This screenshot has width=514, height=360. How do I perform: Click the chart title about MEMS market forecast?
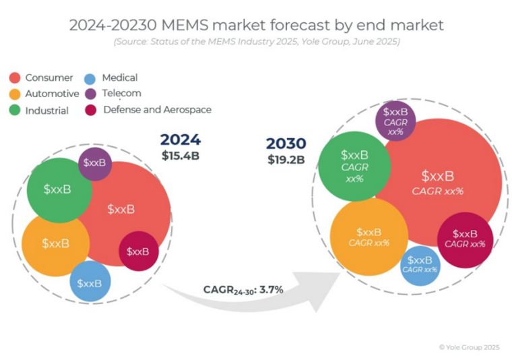click(x=257, y=25)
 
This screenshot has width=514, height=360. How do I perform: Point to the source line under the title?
click(x=257, y=42)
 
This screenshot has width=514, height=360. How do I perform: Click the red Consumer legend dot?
click(x=15, y=78)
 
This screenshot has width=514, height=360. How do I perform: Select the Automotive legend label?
click(x=52, y=94)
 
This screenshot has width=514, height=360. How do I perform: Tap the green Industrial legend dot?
click(x=15, y=110)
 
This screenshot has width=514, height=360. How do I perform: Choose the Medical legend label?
click(x=120, y=78)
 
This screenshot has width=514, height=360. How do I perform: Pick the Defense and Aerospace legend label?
click(x=157, y=109)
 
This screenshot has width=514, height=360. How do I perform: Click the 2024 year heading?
click(x=180, y=140)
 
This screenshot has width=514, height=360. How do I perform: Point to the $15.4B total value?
click(x=181, y=155)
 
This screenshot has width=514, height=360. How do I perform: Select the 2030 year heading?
click(x=286, y=144)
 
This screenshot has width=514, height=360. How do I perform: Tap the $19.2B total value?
click(x=286, y=160)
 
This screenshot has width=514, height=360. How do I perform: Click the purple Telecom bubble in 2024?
click(x=95, y=164)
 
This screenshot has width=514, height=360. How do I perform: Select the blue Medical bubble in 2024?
click(x=90, y=283)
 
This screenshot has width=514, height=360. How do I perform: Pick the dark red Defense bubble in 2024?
click(x=138, y=251)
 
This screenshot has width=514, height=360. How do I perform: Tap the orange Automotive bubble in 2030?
click(x=368, y=237)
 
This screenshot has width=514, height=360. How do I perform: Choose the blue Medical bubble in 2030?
click(x=420, y=264)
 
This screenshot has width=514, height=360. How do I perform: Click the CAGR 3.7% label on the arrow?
click(x=243, y=290)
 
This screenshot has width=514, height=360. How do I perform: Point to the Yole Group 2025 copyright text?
click(x=470, y=347)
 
